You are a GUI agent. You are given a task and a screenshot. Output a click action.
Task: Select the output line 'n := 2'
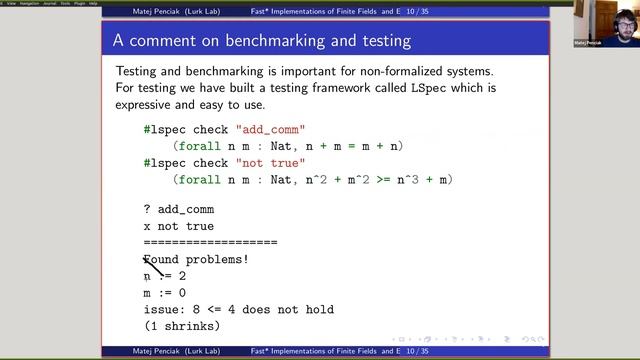point(165,276)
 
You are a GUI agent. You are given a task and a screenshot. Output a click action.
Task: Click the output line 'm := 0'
point(165,293)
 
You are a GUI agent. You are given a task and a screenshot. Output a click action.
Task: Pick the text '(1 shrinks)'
point(182,326)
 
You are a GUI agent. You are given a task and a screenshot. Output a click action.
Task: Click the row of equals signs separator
point(210,243)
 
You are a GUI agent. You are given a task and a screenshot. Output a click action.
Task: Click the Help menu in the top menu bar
point(93,3)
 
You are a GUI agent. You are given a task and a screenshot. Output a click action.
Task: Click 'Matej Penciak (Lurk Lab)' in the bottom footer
point(176,352)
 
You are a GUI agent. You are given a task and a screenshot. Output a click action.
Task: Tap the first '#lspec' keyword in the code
point(164,130)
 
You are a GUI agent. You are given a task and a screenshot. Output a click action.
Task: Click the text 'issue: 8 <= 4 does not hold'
point(238,310)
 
